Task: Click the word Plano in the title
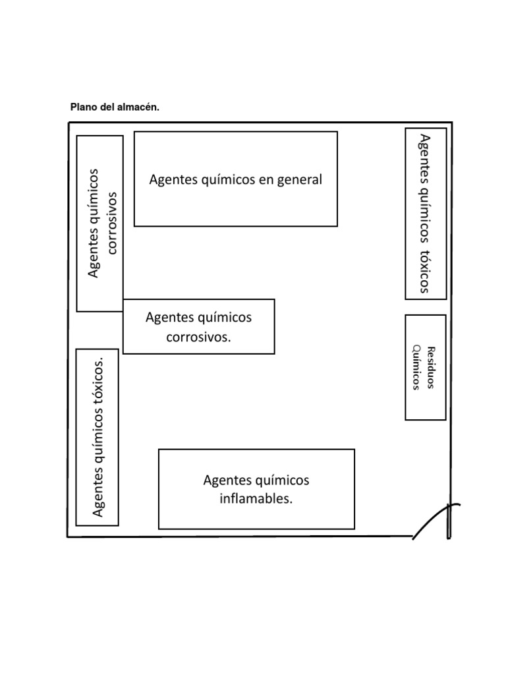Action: click(84, 107)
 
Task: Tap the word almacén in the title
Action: click(140, 107)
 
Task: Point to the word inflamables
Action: click(256, 499)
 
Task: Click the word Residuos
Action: click(432, 367)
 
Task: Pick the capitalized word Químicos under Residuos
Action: click(416, 367)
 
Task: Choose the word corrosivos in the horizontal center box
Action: click(198, 337)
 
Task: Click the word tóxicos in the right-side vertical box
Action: click(424, 270)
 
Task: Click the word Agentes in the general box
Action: click(171, 179)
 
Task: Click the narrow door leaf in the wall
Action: click(449, 521)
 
